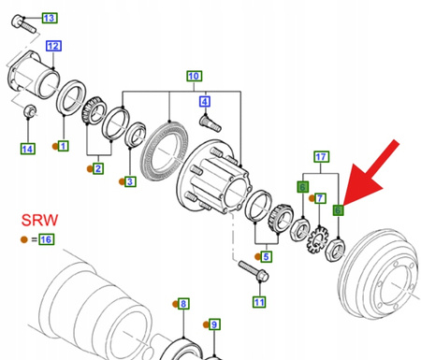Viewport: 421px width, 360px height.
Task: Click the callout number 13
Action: [x=49, y=18]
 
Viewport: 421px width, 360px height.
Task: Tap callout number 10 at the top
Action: [x=195, y=76]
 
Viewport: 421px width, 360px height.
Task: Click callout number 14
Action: [x=27, y=148]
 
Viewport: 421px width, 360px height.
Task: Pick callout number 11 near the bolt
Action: [x=258, y=301]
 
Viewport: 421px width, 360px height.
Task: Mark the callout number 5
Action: [x=267, y=256]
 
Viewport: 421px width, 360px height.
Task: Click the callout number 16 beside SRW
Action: [x=46, y=239]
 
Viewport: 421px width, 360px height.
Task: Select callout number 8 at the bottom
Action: [x=183, y=304]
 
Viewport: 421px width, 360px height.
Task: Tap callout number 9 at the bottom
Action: [x=214, y=324]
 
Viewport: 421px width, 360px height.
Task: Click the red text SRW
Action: [x=40, y=220]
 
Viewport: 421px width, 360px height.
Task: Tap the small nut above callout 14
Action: [x=28, y=113]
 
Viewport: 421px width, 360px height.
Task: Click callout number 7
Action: [x=321, y=198]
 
